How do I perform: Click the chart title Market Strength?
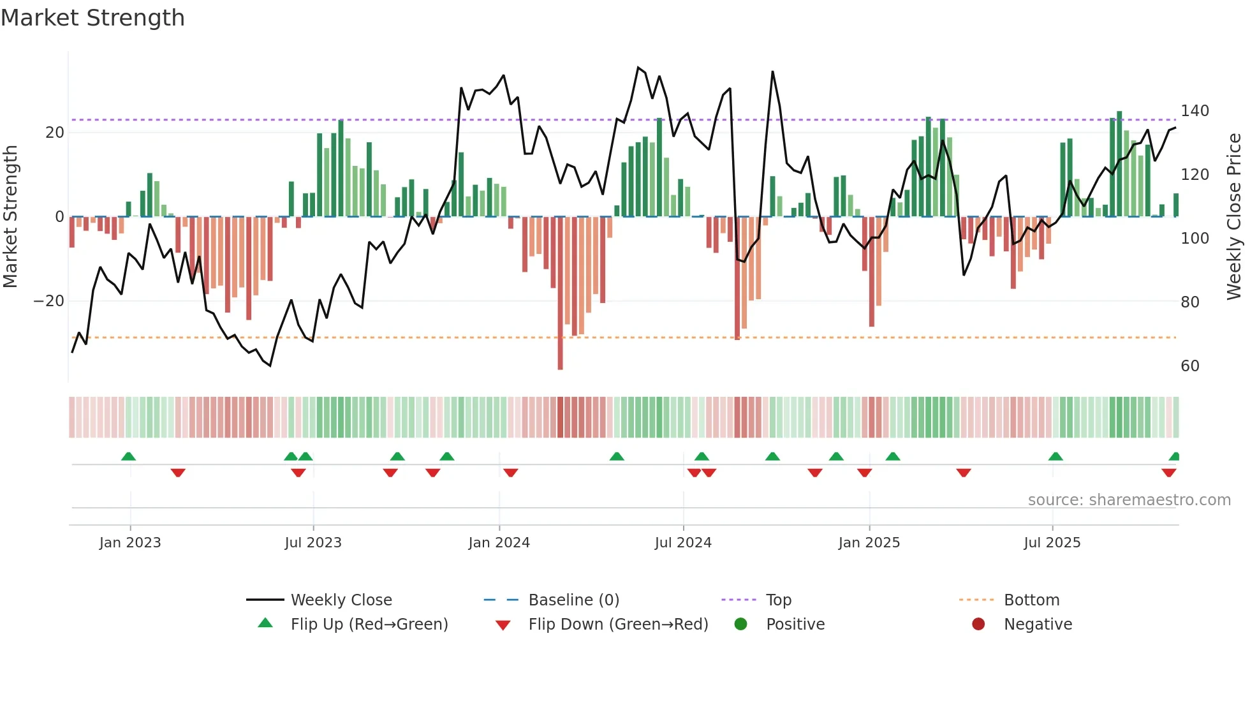click(92, 18)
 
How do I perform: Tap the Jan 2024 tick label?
click(499, 543)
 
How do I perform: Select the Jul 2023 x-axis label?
click(313, 543)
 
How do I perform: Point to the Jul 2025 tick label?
click(1052, 543)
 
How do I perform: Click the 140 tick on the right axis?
click(1195, 111)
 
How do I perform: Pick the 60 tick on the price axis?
click(1189, 366)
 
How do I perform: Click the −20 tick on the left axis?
click(49, 301)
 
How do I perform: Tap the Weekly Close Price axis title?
click(1234, 217)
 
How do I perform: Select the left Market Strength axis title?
click(10, 217)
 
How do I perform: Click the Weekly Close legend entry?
click(341, 600)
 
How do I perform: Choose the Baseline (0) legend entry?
click(573, 600)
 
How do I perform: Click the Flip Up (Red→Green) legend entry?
click(369, 625)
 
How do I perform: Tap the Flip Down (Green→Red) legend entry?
click(617, 625)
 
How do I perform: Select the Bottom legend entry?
click(1031, 600)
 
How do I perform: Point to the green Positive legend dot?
click(740, 625)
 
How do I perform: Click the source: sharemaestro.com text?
click(1129, 500)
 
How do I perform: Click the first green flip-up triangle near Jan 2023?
click(128, 456)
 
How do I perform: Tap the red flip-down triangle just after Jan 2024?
click(510, 473)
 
